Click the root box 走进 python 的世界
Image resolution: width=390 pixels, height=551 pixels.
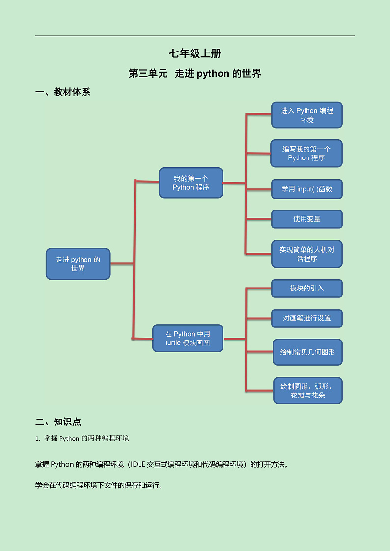tap(78, 264)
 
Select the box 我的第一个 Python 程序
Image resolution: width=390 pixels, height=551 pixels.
tap(191, 183)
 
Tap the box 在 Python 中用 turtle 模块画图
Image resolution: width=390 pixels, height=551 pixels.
tap(188, 338)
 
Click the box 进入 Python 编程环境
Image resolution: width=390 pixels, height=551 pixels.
tap(306, 115)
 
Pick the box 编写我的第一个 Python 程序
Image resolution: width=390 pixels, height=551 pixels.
tap(306, 153)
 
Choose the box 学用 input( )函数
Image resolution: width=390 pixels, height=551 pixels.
tap(306, 189)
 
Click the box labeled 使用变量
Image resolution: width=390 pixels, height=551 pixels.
tap(306, 219)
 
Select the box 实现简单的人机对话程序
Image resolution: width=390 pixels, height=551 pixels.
tap(306, 254)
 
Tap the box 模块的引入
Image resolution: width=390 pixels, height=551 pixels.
tap(306, 288)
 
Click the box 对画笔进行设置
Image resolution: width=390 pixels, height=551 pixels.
tap(306, 318)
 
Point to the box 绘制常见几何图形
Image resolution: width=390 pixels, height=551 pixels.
tap(307, 352)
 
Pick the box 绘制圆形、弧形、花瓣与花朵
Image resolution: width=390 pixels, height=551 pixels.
tap(307, 391)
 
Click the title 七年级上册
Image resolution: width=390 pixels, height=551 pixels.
tap(195, 53)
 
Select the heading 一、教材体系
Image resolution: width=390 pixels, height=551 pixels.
tap(63, 92)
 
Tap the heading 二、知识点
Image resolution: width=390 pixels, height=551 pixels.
tap(58, 421)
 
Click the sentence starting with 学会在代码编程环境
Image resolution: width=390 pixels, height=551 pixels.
tap(99, 486)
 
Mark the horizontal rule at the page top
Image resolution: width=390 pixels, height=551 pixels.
tap(195, 36)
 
